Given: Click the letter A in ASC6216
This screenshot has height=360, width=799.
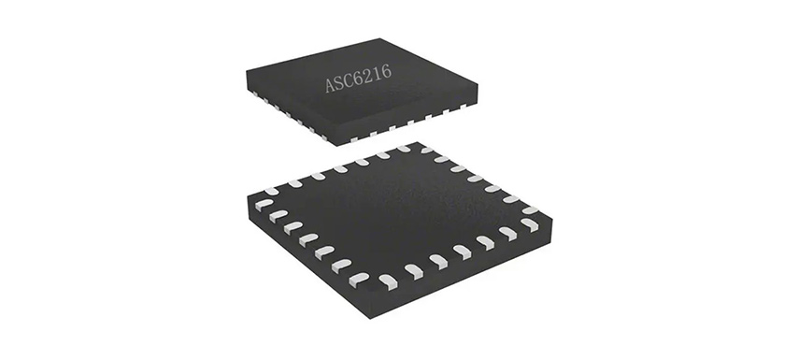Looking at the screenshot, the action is (331, 85).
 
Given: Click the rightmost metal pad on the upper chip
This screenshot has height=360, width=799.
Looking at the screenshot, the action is (463, 108).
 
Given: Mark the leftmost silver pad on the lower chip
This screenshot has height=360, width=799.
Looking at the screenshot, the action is (264, 204).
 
